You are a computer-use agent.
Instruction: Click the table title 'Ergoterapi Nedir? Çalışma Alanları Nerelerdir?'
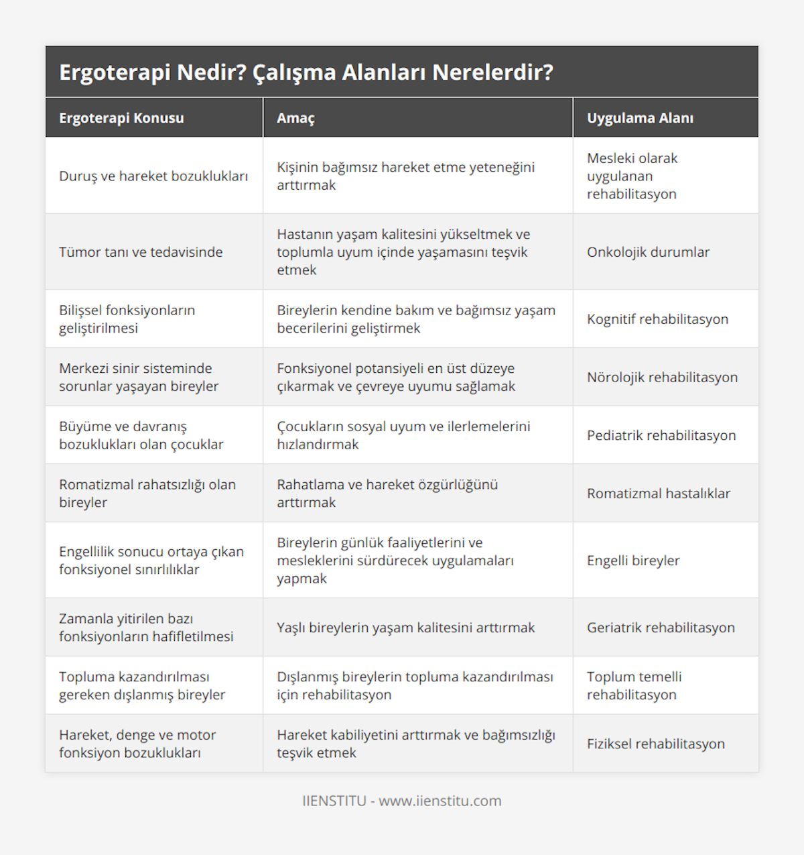click(x=306, y=72)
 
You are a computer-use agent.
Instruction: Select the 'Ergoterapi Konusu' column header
click(x=121, y=118)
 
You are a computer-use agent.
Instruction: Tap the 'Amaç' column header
click(x=295, y=118)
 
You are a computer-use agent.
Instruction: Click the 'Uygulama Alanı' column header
click(x=640, y=118)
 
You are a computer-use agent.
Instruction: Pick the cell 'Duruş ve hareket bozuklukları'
click(x=153, y=176)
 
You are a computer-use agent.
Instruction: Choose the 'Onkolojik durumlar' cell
click(x=648, y=252)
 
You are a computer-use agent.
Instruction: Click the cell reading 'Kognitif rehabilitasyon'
click(x=657, y=319)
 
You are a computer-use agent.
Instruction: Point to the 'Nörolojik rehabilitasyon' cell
click(x=662, y=378)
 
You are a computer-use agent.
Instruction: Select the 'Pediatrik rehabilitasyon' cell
click(x=661, y=435)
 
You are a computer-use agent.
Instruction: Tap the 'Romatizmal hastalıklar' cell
click(x=659, y=494)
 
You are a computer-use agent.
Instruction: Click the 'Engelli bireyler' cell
click(x=633, y=561)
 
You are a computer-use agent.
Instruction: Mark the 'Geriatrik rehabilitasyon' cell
click(x=661, y=628)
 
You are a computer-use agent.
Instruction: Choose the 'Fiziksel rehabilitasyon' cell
click(x=656, y=744)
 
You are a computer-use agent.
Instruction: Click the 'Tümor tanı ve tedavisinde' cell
click(x=141, y=252)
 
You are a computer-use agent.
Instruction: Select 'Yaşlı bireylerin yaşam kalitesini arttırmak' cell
click(x=406, y=628)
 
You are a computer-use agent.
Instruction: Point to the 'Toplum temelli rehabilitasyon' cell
click(x=634, y=686)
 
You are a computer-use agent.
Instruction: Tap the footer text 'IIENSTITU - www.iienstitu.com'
click(x=402, y=801)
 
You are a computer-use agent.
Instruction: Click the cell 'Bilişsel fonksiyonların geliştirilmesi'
click(x=127, y=319)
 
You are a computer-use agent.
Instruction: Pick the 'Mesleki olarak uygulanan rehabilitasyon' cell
click(x=632, y=176)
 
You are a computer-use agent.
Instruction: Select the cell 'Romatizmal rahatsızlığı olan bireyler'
click(x=147, y=494)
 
